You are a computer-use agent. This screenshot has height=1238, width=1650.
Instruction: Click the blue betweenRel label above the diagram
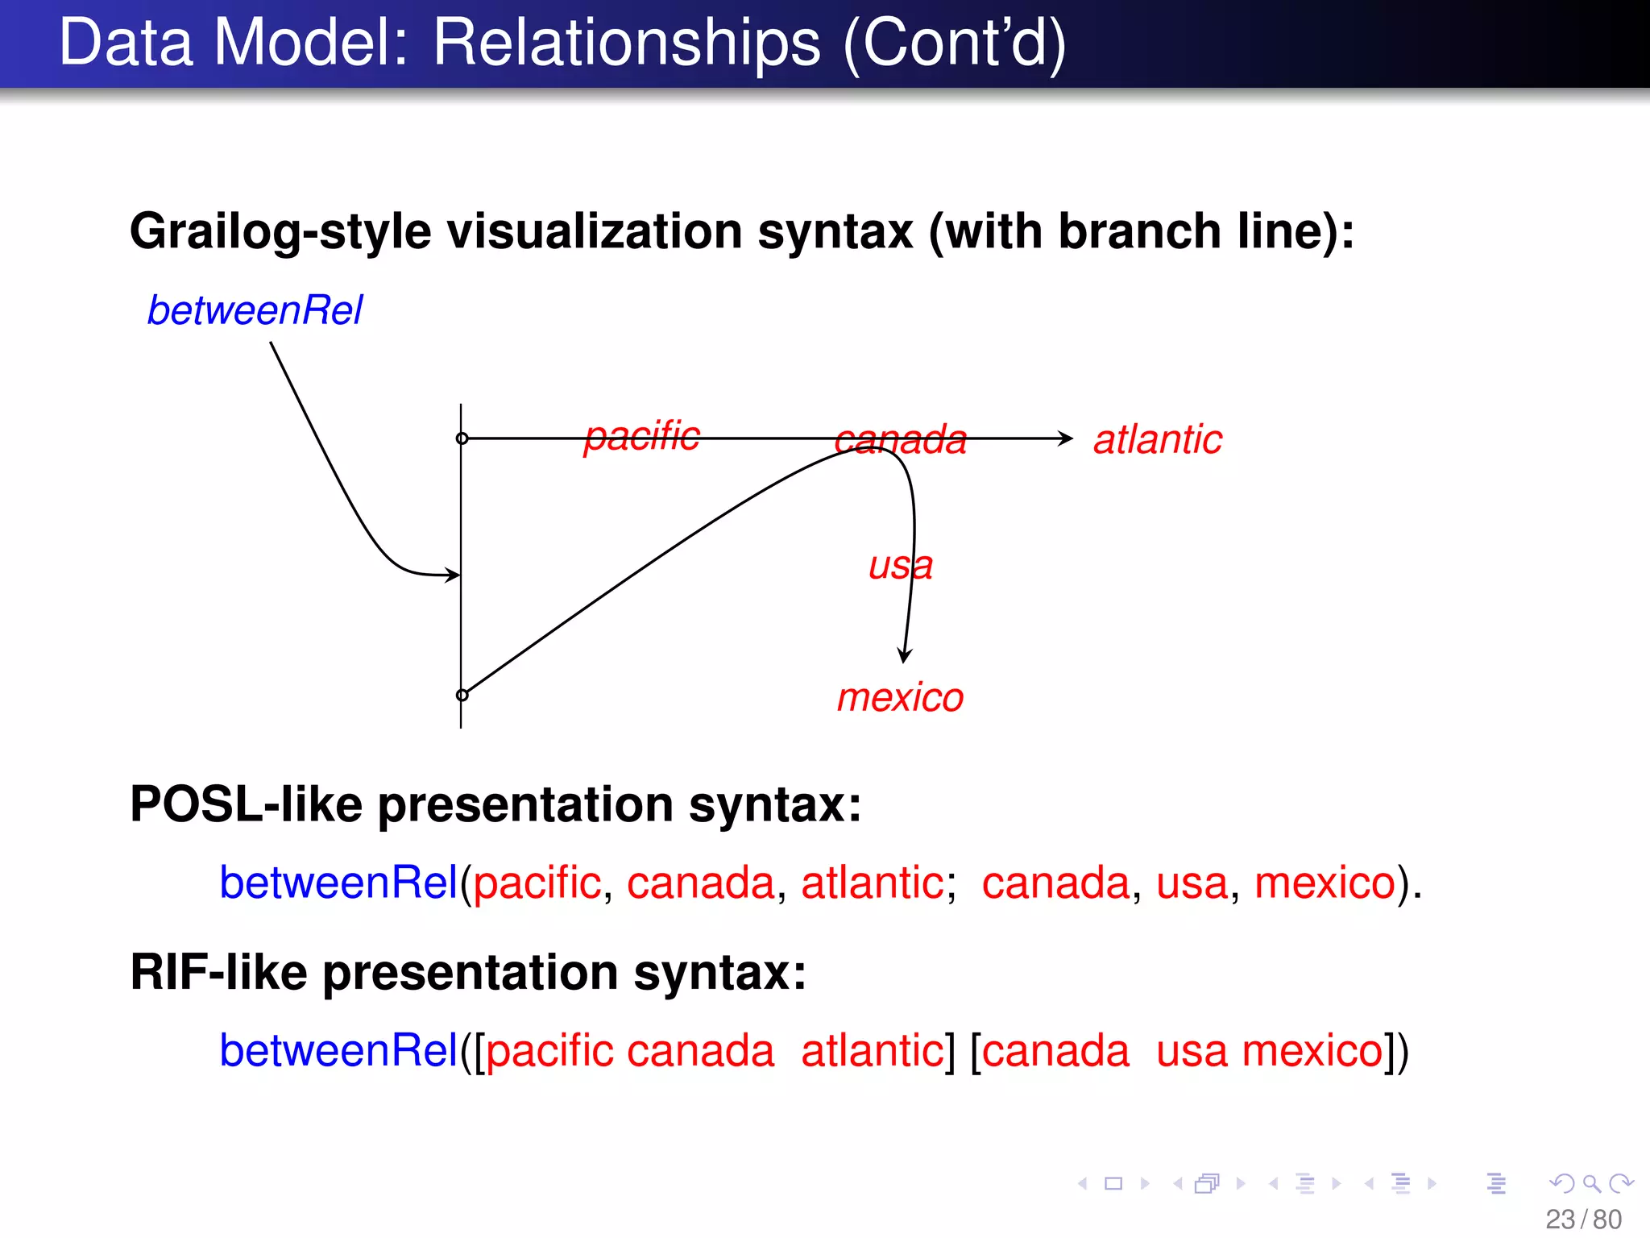click(x=255, y=311)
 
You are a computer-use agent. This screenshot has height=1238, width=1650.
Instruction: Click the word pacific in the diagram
click(x=641, y=437)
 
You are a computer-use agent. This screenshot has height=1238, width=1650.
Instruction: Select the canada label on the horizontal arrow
click(x=900, y=440)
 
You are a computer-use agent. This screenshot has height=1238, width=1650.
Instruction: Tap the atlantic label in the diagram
click(x=1157, y=440)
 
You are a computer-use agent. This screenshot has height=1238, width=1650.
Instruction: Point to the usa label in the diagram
click(x=900, y=566)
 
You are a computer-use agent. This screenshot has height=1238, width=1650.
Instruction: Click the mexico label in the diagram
click(x=900, y=698)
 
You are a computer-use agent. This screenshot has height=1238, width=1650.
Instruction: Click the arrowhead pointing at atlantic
click(x=1066, y=438)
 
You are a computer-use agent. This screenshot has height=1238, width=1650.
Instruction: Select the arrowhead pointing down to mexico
click(x=905, y=654)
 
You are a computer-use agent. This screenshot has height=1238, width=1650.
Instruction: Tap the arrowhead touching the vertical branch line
click(x=454, y=575)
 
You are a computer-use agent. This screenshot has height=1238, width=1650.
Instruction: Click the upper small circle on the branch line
click(x=462, y=438)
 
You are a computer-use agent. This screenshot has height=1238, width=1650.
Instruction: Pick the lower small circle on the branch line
click(x=462, y=695)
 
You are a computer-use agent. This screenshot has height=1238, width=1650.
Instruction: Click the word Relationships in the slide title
click(x=626, y=44)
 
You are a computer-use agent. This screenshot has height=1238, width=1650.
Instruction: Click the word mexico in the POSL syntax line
click(x=1325, y=883)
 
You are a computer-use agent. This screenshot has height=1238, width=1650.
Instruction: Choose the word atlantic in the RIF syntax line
click(x=872, y=1051)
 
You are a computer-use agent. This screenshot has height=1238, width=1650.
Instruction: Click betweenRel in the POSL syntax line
click(x=338, y=883)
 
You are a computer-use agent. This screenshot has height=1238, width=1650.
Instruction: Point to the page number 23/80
click(x=1583, y=1219)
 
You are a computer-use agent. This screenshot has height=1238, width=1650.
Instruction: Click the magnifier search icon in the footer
click(x=1591, y=1183)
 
